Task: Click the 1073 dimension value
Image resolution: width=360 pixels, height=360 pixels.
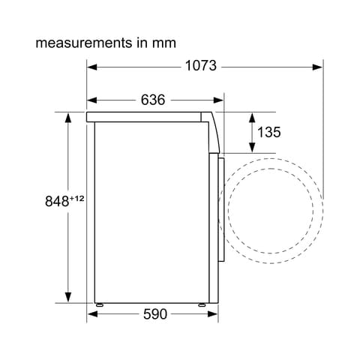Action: click(x=200, y=66)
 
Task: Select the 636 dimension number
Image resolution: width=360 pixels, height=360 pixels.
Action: click(x=152, y=100)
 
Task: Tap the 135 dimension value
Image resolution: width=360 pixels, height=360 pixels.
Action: click(x=268, y=133)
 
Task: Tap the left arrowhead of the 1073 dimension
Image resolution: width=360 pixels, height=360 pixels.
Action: click(x=91, y=66)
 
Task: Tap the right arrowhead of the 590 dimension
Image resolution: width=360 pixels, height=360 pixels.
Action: click(x=212, y=314)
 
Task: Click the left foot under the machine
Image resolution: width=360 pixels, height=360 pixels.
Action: click(x=99, y=304)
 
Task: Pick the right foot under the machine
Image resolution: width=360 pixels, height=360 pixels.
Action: click(x=202, y=304)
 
